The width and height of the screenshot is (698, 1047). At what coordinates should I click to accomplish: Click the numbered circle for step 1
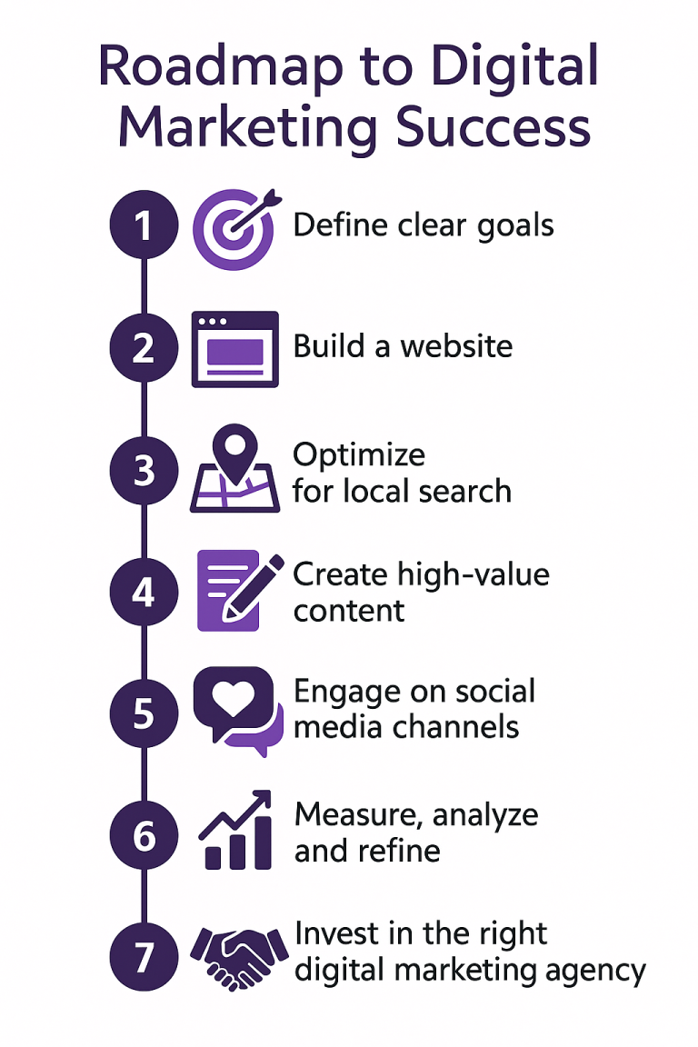coord(144,225)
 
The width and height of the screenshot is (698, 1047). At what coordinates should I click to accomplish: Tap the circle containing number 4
coord(144,592)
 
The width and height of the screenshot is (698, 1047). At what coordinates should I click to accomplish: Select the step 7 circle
coord(144,957)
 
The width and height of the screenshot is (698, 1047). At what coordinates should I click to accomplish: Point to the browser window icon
coord(235,349)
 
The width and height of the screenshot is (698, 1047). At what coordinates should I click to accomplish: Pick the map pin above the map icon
coord(234,452)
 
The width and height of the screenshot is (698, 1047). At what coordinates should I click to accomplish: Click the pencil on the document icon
coord(252,588)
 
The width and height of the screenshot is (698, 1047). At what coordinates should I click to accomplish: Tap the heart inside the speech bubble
coord(233,698)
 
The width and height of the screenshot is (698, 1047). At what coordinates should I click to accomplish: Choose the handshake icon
coord(239,957)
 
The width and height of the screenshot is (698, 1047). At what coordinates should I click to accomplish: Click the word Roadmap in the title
coord(220,67)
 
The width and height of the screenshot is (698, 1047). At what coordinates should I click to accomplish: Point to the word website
coord(456,346)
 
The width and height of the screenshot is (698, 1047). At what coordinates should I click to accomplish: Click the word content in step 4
coord(349,611)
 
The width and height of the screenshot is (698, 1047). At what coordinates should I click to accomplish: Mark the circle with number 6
coord(144,834)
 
